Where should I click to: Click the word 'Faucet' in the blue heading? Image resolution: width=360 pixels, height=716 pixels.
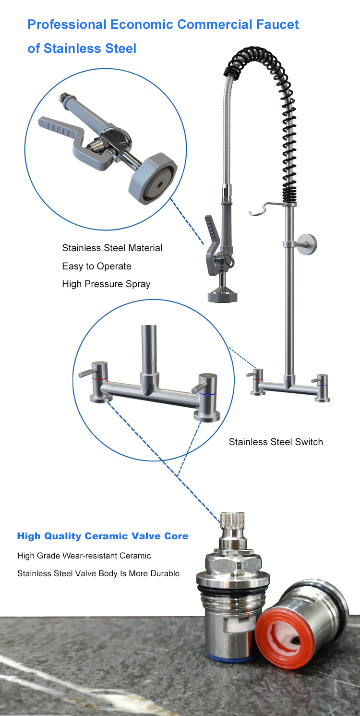(x=277, y=24)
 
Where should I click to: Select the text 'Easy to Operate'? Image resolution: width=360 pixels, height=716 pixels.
(x=96, y=266)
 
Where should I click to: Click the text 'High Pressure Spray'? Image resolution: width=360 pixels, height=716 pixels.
(x=106, y=284)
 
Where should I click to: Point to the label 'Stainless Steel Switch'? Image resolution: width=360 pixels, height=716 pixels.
(x=276, y=442)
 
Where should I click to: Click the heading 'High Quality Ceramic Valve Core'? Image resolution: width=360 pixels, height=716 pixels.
(x=103, y=536)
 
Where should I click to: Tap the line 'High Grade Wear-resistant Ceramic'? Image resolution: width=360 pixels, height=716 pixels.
(x=84, y=556)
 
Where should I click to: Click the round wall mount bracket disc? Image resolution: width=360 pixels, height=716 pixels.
(x=308, y=244)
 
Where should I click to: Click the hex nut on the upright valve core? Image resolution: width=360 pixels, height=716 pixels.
(x=234, y=562)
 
